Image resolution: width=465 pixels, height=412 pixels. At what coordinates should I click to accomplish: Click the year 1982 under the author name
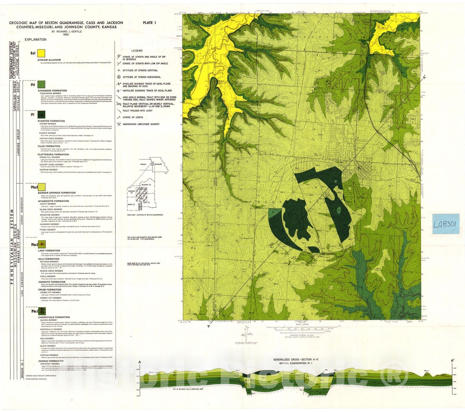tap(65, 34)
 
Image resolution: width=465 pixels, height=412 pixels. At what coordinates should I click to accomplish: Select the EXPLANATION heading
tap(35, 40)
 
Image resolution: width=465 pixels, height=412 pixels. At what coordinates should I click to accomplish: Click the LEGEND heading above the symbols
tap(137, 51)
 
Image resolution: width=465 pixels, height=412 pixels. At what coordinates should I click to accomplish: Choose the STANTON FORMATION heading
tap(51, 121)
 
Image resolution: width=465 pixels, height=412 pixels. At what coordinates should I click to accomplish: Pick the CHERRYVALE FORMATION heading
tap(54, 317)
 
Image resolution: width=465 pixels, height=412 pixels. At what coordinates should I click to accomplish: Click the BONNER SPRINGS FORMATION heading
tap(57, 193)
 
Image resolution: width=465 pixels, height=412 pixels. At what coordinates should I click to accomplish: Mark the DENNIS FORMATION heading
tap(51, 361)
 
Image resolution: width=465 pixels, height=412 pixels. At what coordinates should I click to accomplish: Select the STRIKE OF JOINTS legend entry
tap(133, 117)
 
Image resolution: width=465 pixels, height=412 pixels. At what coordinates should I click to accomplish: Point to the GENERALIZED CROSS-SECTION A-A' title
tap(296, 360)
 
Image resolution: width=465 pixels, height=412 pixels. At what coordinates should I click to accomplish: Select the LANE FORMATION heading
tap(49, 250)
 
